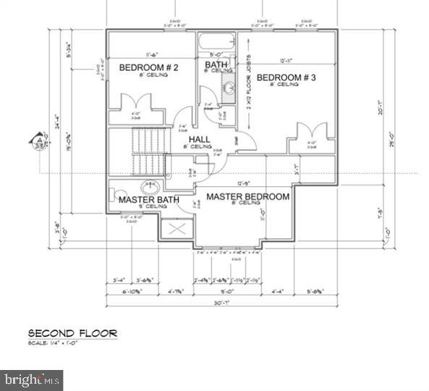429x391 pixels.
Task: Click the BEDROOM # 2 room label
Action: [x=148, y=68]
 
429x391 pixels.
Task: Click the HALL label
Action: [x=200, y=139]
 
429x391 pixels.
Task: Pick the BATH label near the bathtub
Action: [x=216, y=65]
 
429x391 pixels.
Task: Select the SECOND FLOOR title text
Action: [x=72, y=333]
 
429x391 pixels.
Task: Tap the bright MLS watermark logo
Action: [x=32, y=379]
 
